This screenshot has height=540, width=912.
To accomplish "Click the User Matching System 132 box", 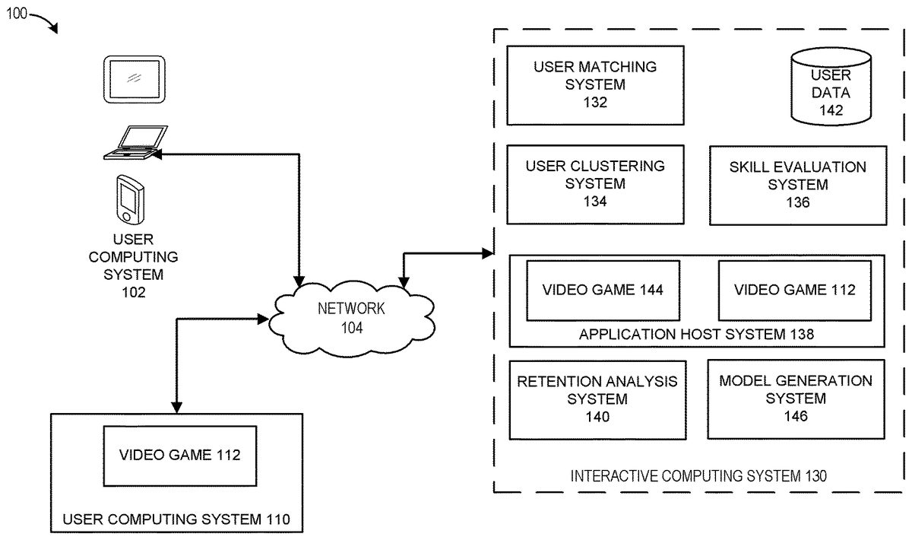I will click(x=595, y=84).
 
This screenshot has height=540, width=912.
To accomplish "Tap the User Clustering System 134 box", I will click(x=595, y=184).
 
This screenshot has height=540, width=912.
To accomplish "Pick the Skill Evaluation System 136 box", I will click(x=797, y=185).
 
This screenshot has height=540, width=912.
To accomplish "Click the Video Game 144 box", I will click(x=603, y=290).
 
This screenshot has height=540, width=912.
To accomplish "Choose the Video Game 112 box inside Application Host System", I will click(x=794, y=290).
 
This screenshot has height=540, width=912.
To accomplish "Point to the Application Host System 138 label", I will click(x=696, y=334).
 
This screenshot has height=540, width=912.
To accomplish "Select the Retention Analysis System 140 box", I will click(x=597, y=399).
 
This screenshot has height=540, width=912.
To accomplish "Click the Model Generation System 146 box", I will click(x=796, y=399).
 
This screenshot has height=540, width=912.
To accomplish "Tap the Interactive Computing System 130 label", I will click(x=698, y=476).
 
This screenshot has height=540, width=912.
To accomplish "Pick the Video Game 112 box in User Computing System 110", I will click(x=179, y=456).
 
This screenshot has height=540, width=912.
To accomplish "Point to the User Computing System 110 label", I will click(x=176, y=521).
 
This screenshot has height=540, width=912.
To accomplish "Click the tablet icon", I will click(x=134, y=78).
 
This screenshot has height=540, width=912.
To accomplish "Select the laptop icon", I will click(x=135, y=144).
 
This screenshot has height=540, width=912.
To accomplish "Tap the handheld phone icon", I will click(x=128, y=199).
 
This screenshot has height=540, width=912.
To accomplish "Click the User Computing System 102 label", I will click(x=133, y=265).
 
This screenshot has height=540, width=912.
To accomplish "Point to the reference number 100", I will click(x=17, y=13).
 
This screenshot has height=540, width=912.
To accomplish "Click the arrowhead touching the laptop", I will click(x=157, y=153).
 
